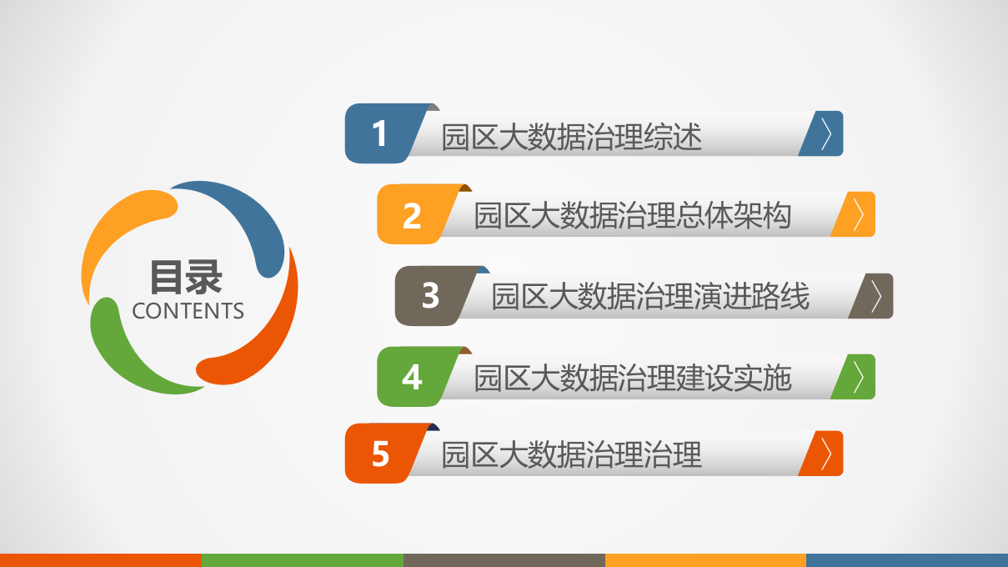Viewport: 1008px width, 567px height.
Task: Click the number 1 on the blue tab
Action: click(380, 133)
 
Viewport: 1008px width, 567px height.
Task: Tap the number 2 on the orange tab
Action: click(412, 215)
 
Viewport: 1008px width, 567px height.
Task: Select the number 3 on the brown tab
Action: click(430, 295)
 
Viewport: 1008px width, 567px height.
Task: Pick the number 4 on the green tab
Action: click(412, 377)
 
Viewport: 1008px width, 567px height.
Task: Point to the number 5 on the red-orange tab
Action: click(380, 454)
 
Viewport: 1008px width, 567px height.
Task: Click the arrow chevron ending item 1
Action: click(825, 133)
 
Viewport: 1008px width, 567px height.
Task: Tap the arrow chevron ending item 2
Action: click(858, 215)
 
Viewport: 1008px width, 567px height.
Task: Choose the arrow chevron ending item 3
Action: click(875, 296)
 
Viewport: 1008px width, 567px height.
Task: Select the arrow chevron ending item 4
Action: click(858, 377)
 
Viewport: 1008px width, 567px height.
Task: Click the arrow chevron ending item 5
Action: click(825, 454)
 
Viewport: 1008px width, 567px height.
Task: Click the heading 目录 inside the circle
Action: click(187, 277)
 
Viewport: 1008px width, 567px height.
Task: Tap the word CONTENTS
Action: click(188, 311)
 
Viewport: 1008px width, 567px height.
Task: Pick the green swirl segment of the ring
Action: click(125, 350)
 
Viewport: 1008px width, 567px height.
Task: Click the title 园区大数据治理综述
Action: click(571, 137)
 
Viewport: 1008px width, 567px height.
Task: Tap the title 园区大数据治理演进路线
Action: click(649, 297)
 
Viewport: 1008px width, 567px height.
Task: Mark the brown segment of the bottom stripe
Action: click(504, 559)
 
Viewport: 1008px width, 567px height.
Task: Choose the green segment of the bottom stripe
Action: click(302, 559)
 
